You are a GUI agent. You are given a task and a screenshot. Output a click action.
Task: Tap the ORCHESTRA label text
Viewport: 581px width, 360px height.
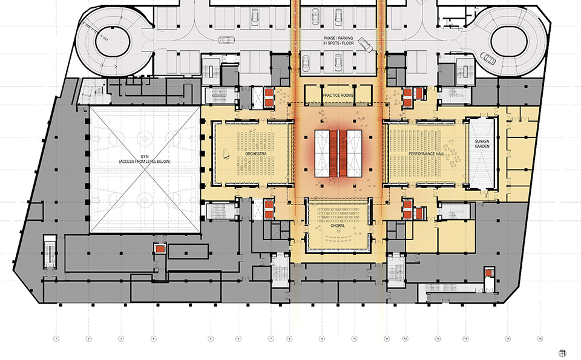coord(255,154)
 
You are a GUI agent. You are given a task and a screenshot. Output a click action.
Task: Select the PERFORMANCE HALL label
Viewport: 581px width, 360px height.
coord(428,154)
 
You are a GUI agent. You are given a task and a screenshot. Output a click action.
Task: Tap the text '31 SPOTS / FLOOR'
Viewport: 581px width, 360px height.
coord(343,43)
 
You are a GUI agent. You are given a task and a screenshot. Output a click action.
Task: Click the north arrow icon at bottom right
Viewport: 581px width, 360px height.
coord(562,352)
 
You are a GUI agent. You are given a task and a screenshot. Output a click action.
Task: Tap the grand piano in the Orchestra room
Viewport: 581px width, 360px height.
coord(226,155)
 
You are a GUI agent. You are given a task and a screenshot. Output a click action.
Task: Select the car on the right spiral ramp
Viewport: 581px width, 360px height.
coord(488,59)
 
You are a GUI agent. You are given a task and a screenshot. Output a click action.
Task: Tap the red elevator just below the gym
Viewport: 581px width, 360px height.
coord(159,249)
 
